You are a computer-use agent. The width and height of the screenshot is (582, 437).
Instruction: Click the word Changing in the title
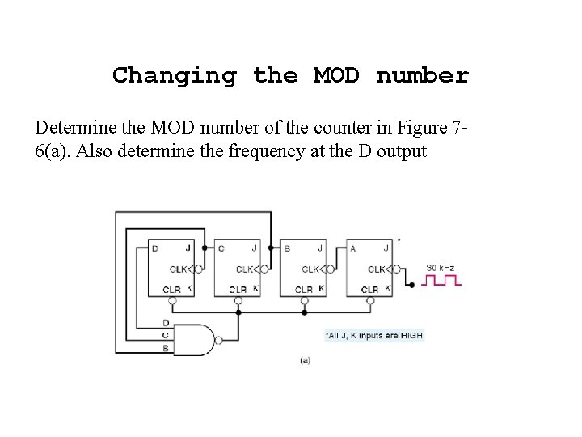[175, 76]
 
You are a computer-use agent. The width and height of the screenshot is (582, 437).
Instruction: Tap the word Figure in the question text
[422, 129]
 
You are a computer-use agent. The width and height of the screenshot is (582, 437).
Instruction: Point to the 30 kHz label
[440, 268]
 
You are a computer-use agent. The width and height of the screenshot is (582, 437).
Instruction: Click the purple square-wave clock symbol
[444, 281]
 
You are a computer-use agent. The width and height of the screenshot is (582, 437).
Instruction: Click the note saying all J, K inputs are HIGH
[373, 335]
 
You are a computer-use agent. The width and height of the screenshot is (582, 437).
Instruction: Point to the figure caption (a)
[305, 361]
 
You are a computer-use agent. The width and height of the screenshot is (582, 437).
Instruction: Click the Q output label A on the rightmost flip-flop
[353, 248]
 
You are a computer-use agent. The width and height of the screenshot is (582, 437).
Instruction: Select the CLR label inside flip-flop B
[303, 289]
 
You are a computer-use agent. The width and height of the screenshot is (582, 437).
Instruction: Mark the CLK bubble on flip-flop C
[264, 269]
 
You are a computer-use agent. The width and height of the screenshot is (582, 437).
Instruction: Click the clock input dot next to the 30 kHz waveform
[411, 284]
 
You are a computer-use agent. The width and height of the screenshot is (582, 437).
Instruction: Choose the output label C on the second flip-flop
[221, 248]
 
